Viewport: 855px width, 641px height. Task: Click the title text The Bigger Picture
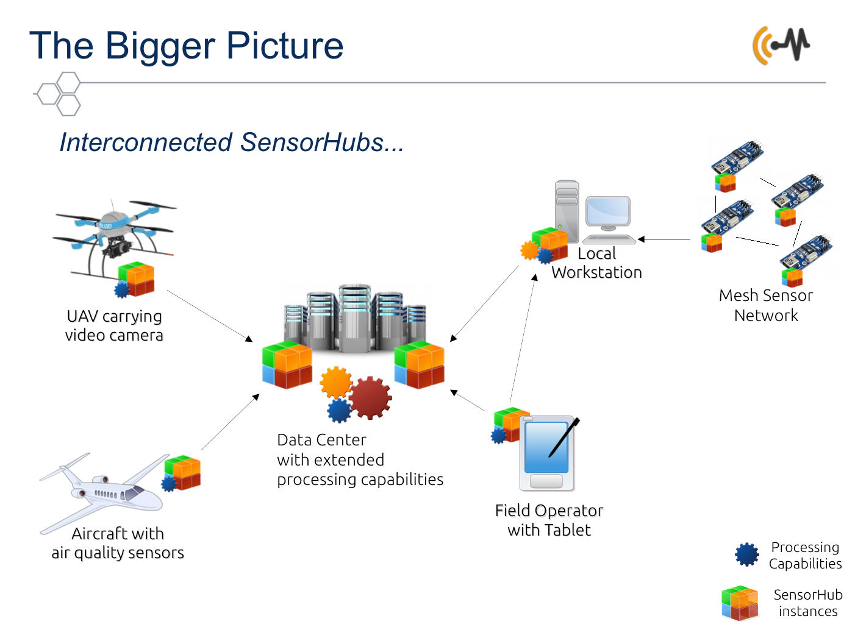pyautogui.click(x=186, y=46)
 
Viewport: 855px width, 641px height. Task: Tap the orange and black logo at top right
pyautogui.click(x=781, y=45)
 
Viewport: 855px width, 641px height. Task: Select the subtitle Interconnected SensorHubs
pyautogui.click(x=231, y=143)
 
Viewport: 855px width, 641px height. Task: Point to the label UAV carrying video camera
pyautogui.click(x=114, y=326)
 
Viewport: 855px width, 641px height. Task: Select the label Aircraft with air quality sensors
pyautogui.click(x=118, y=543)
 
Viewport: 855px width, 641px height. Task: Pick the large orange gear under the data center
pyautogui.click(x=336, y=383)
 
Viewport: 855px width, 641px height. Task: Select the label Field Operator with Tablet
pyautogui.click(x=549, y=520)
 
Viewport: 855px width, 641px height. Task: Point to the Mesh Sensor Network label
pyautogui.click(x=766, y=305)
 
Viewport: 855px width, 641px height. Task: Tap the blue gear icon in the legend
pyautogui.click(x=746, y=554)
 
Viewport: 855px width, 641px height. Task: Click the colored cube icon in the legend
pyautogui.click(x=739, y=603)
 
